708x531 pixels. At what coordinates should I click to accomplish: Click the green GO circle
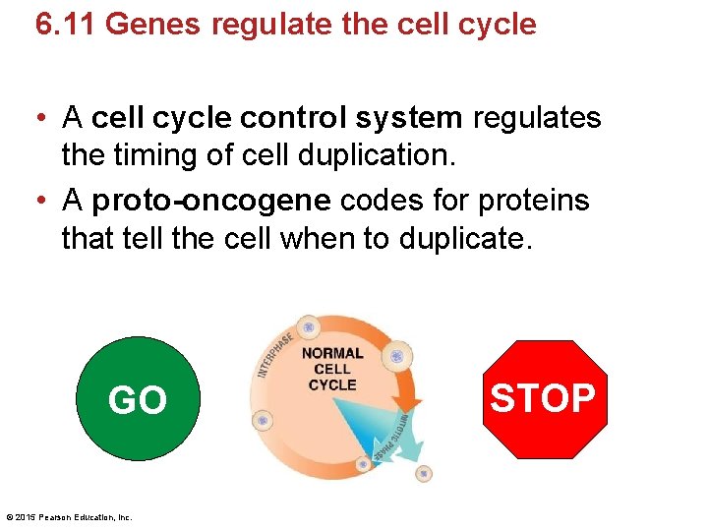138,398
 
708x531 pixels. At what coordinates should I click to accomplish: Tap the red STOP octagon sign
544,398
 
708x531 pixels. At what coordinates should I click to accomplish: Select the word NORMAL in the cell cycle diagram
331,353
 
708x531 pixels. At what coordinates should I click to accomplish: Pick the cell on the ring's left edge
263,420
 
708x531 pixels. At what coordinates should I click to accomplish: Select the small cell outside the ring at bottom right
423,473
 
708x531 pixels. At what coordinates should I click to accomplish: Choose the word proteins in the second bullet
534,201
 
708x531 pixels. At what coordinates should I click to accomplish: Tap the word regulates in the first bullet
537,118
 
